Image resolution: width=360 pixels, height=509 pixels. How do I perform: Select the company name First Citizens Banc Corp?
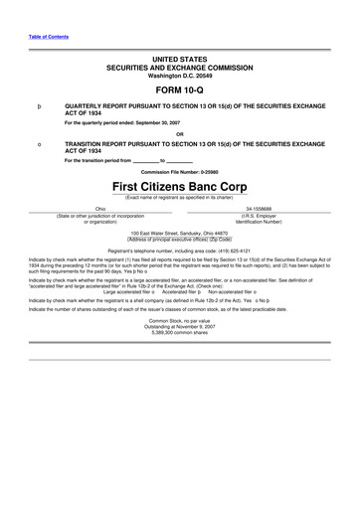click(x=180, y=187)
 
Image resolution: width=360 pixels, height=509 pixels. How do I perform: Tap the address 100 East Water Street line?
click(x=180, y=232)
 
